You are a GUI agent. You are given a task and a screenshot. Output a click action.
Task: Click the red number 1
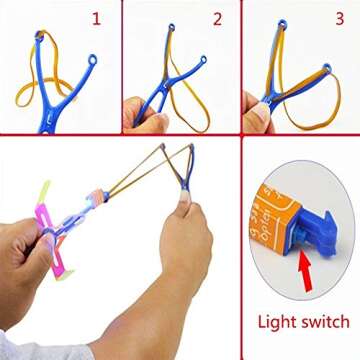coord(96,19)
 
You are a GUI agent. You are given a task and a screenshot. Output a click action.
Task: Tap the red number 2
coord(216,19)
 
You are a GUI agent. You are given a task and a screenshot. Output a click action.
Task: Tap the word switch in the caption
coord(326,322)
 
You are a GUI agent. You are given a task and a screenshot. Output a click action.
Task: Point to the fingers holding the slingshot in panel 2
coord(140,115)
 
